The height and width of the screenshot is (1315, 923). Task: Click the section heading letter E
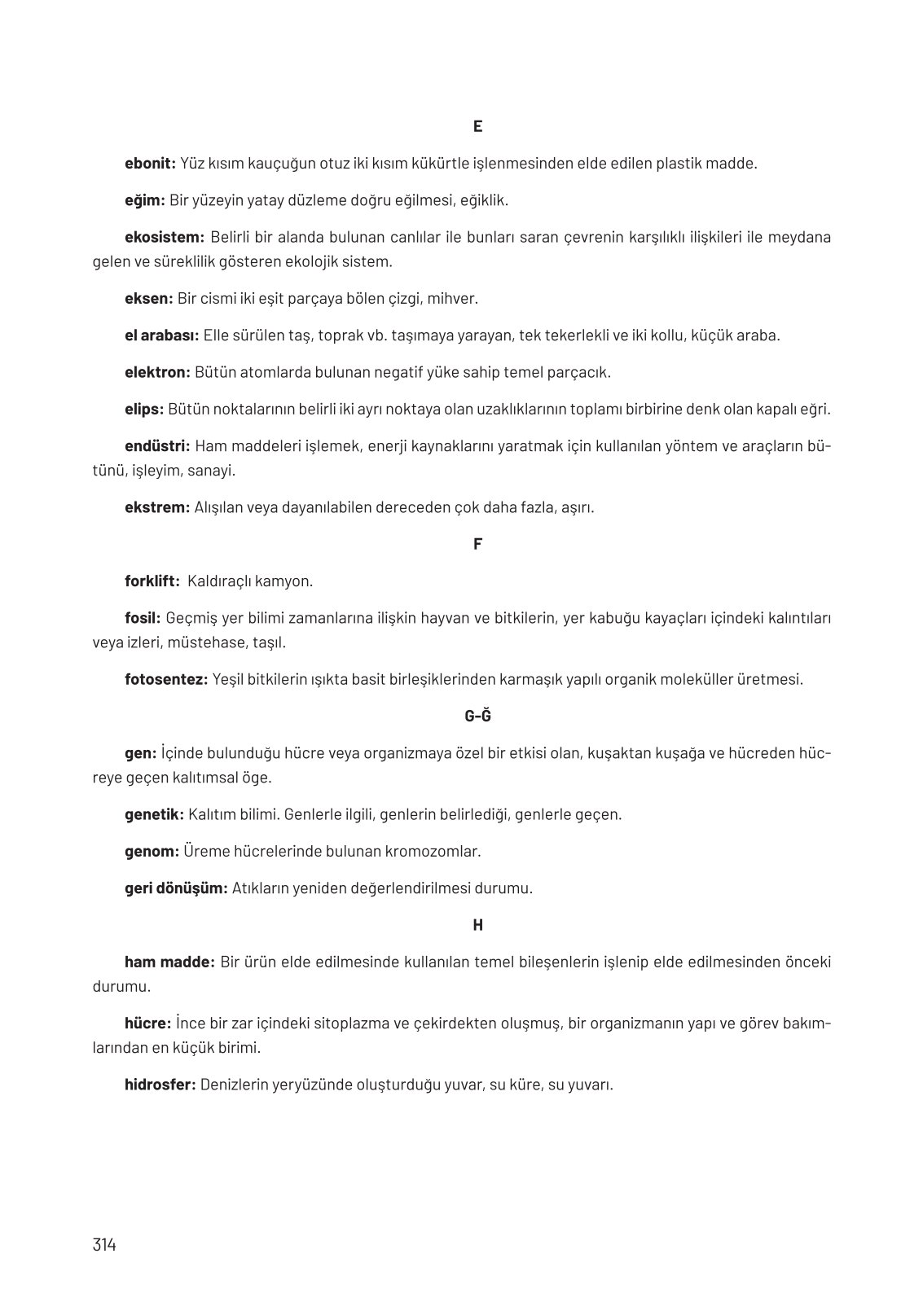pyautogui.click(x=477, y=126)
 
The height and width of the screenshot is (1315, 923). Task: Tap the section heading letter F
pyautogui.click(x=477, y=544)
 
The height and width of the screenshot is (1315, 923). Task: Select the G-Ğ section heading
pyautogui.click(x=477, y=717)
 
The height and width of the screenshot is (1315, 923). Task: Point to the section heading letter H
pyautogui.click(x=477, y=925)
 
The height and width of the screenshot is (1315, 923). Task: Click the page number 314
pyautogui.click(x=105, y=1245)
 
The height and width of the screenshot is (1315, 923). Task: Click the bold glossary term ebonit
pyautogui.click(x=150, y=163)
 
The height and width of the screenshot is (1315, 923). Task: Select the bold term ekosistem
pyautogui.click(x=164, y=237)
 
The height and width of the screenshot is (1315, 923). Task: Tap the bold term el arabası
pyautogui.click(x=161, y=335)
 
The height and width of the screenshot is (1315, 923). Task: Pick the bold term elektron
pyautogui.click(x=157, y=372)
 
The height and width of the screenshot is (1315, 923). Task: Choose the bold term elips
pyautogui.click(x=144, y=409)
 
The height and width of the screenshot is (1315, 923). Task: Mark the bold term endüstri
pyautogui.click(x=157, y=446)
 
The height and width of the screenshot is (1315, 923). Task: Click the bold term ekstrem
pyautogui.click(x=156, y=507)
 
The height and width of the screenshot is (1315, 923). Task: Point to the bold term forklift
pyautogui.click(x=152, y=581)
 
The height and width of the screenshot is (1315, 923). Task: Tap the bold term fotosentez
pyautogui.click(x=166, y=679)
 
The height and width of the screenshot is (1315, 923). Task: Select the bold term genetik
pyautogui.click(x=154, y=814)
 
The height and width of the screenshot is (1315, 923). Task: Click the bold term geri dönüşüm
pyautogui.click(x=176, y=888)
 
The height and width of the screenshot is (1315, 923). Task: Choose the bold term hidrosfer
pyautogui.click(x=160, y=1085)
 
